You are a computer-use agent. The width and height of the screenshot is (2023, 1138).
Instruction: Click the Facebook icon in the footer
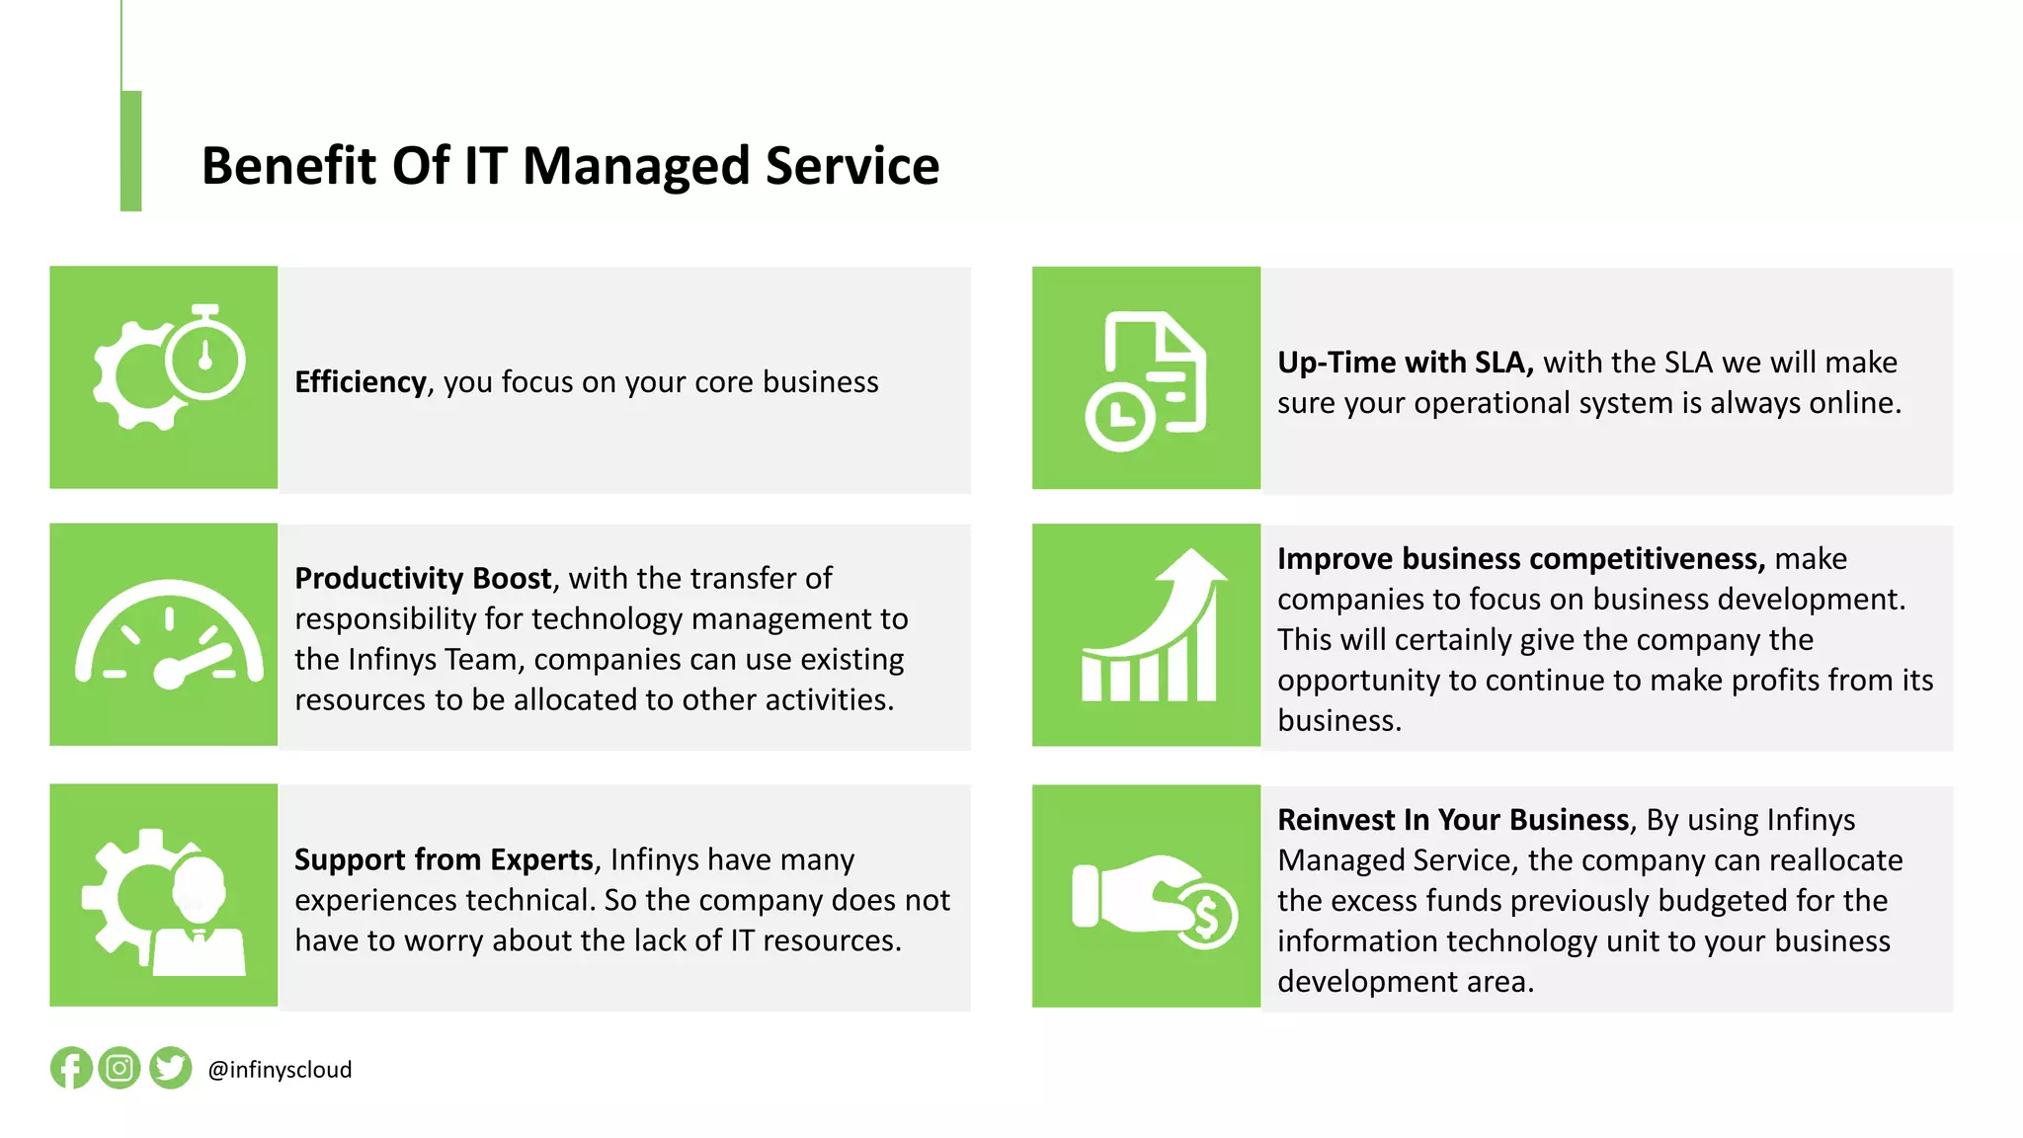(x=71, y=1068)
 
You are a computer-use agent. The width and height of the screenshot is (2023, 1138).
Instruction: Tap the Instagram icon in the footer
(x=120, y=1068)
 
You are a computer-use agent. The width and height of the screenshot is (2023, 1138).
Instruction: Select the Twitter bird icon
(x=171, y=1068)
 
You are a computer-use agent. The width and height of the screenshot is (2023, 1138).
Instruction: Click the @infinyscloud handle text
(x=280, y=1070)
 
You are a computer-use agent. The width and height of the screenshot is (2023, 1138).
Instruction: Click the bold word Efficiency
(x=361, y=382)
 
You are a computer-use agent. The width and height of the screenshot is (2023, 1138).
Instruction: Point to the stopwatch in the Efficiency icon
(x=205, y=356)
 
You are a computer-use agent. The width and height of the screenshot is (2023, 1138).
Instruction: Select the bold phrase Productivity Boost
(x=423, y=578)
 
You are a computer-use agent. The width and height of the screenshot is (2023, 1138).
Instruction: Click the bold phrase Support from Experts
(x=445, y=859)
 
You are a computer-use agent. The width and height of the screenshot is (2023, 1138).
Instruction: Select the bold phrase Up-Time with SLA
(x=1405, y=363)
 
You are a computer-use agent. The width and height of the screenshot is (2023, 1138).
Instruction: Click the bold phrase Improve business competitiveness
(x=1520, y=559)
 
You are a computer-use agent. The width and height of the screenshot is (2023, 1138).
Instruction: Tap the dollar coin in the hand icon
(x=1206, y=917)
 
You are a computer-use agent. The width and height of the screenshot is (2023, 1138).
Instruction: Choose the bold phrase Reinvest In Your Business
(x=1453, y=820)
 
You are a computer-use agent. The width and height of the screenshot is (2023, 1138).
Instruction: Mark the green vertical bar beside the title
(x=131, y=150)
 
